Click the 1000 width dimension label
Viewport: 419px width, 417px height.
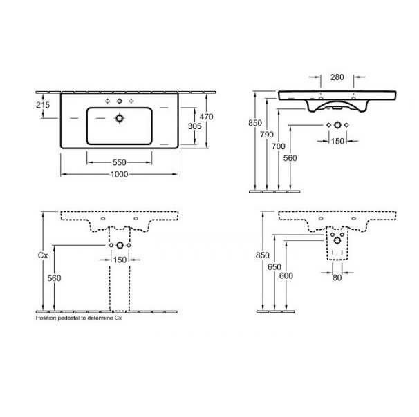119,174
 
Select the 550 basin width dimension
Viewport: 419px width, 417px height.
119,162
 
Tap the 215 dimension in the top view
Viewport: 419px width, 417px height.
43,105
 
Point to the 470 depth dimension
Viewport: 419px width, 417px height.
206,117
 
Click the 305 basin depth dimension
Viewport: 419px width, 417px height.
194,126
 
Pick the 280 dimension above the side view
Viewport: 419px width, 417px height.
337,77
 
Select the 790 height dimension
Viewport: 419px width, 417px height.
267,135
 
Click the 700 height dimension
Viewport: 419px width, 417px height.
279,146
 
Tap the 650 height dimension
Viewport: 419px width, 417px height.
274,266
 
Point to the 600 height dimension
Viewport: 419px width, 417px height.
286,275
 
